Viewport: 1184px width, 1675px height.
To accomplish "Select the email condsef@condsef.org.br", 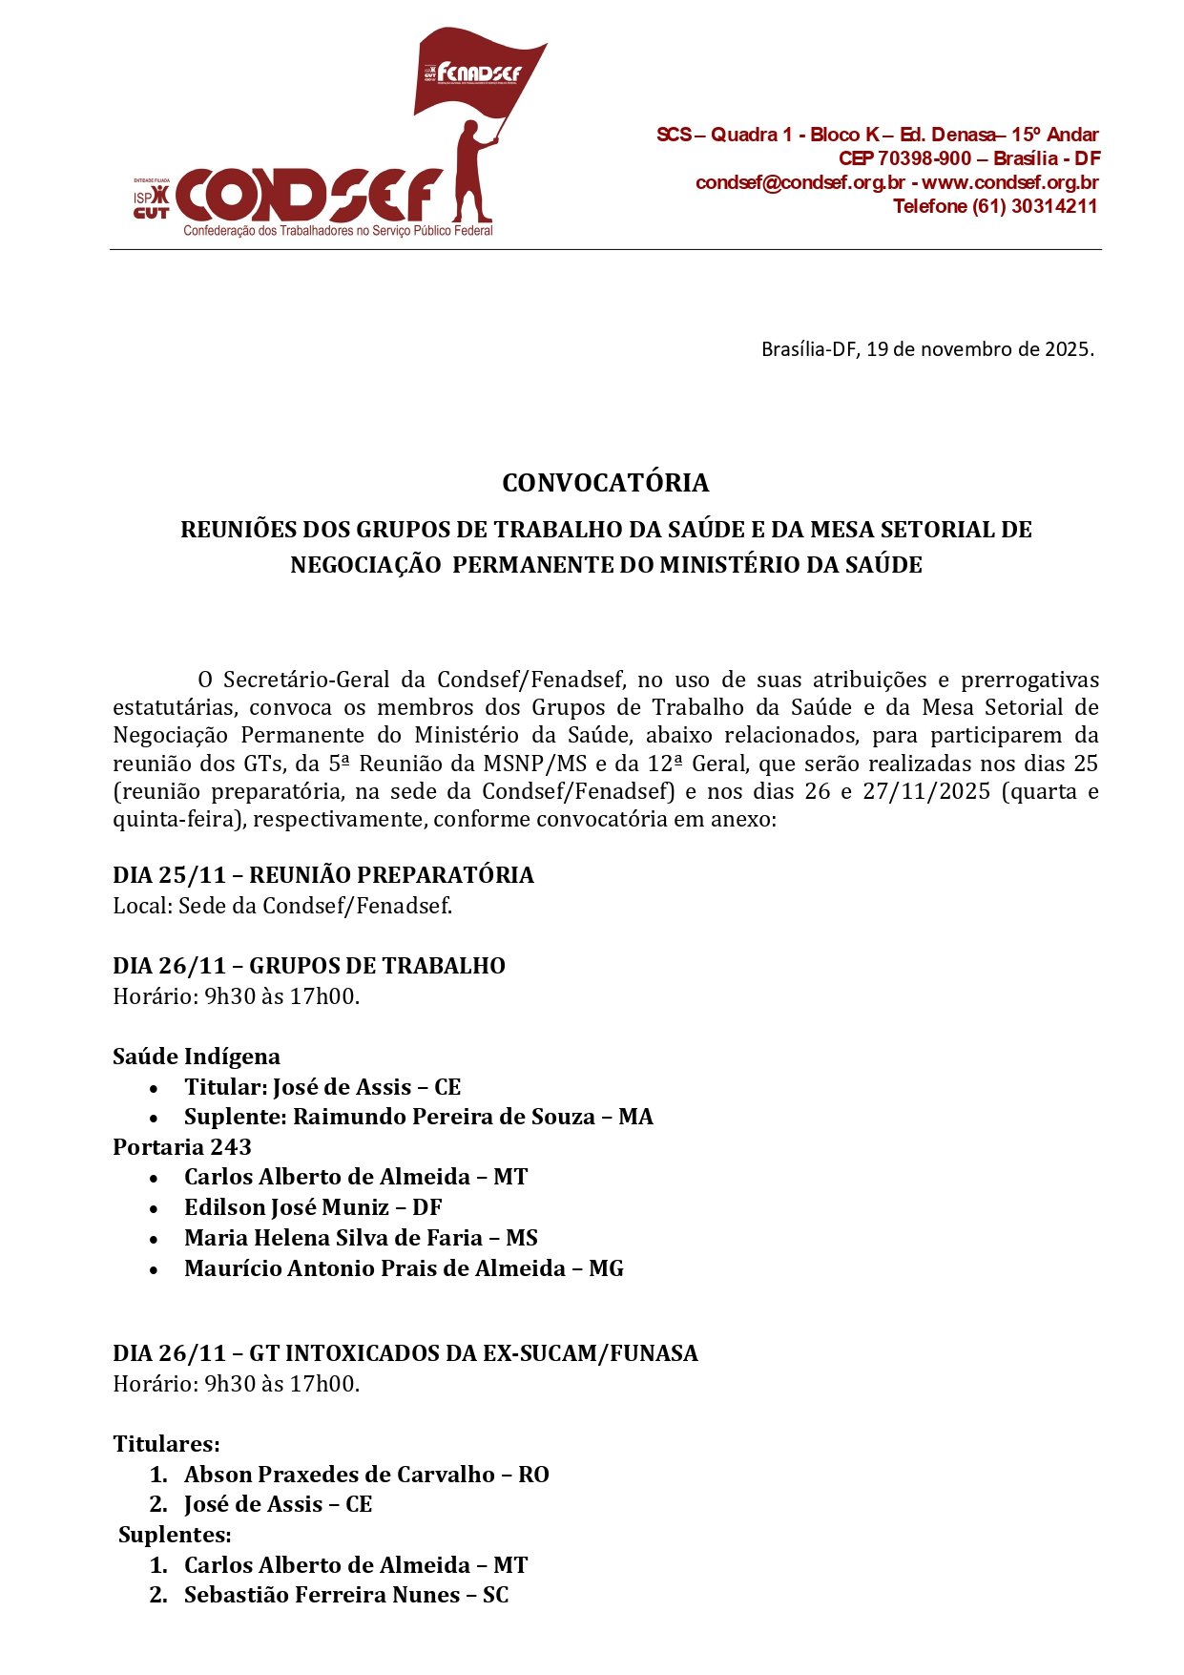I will [x=800, y=182].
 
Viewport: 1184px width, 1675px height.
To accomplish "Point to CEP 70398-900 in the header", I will [x=904, y=158].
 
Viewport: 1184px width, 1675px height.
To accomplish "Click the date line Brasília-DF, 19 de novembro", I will [x=926, y=349].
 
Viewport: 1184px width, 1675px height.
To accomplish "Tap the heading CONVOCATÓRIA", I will [x=605, y=483].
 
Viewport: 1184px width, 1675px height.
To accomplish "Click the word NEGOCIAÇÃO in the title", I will [x=365, y=565].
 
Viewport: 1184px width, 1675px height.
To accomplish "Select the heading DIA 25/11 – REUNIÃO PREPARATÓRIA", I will [x=322, y=875].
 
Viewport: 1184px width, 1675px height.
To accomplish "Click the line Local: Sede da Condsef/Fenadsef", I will [x=282, y=906].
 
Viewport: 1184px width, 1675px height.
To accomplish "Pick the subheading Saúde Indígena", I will [x=197, y=1057].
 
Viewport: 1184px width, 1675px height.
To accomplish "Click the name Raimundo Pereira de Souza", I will [x=444, y=1117].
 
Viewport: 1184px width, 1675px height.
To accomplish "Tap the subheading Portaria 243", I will [x=182, y=1147].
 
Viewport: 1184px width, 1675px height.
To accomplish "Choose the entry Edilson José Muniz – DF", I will [x=313, y=1207].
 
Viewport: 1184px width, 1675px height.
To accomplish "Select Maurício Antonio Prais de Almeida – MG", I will [x=404, y=1268].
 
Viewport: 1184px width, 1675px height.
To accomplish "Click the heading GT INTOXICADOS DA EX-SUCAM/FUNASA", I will [x=473, y=1353].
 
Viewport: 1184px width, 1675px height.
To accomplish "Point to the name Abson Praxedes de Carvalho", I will [x=340, y=1475].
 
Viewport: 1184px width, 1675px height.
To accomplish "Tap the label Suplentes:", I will [x=175, y=1535].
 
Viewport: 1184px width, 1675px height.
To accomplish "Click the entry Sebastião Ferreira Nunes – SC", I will [x=346, y=1595].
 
